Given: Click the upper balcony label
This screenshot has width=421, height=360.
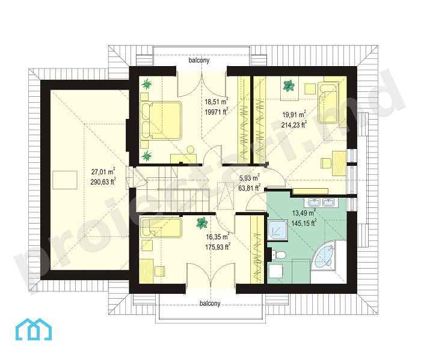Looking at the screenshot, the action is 199,60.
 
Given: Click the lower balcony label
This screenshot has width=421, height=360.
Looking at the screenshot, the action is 210,304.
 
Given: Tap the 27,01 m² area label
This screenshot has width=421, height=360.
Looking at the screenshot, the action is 103,172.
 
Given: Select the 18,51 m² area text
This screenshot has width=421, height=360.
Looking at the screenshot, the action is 217,102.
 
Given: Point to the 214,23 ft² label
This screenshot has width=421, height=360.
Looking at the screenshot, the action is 294,124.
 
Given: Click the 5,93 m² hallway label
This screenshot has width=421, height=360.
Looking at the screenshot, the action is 249,178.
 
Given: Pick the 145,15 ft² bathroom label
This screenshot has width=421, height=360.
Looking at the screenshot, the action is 304,223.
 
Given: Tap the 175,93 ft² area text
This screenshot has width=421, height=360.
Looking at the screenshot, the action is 218,247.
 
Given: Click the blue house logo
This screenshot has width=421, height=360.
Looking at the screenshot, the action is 33,329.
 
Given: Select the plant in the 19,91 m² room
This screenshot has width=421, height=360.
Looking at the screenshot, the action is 289,86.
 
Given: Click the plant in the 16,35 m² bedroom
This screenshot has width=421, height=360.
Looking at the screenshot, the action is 201,223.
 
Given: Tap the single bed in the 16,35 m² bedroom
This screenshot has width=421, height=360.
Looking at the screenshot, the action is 161,228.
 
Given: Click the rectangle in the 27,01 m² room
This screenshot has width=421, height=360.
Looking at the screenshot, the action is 65,180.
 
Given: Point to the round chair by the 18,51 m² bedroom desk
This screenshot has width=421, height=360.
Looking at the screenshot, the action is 191,150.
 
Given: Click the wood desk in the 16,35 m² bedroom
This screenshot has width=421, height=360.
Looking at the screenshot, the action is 147,270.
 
